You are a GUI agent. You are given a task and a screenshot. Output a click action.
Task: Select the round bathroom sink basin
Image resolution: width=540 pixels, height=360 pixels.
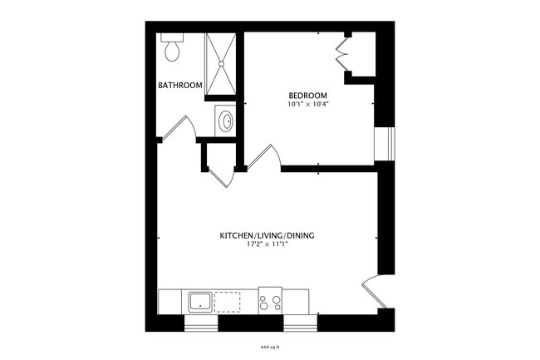point(225,122)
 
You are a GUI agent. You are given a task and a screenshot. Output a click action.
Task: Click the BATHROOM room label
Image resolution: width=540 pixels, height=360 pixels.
point(180,85)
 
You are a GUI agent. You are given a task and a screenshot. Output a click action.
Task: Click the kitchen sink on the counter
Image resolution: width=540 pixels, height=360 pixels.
point(199,301)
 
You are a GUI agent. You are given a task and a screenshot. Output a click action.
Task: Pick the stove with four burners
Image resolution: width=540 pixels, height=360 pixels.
point(271,301)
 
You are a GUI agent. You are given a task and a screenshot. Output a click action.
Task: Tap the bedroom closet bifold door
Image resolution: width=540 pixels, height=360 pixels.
point(341,52)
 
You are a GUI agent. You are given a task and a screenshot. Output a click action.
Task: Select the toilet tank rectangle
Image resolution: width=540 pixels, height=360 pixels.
point(172,38)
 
